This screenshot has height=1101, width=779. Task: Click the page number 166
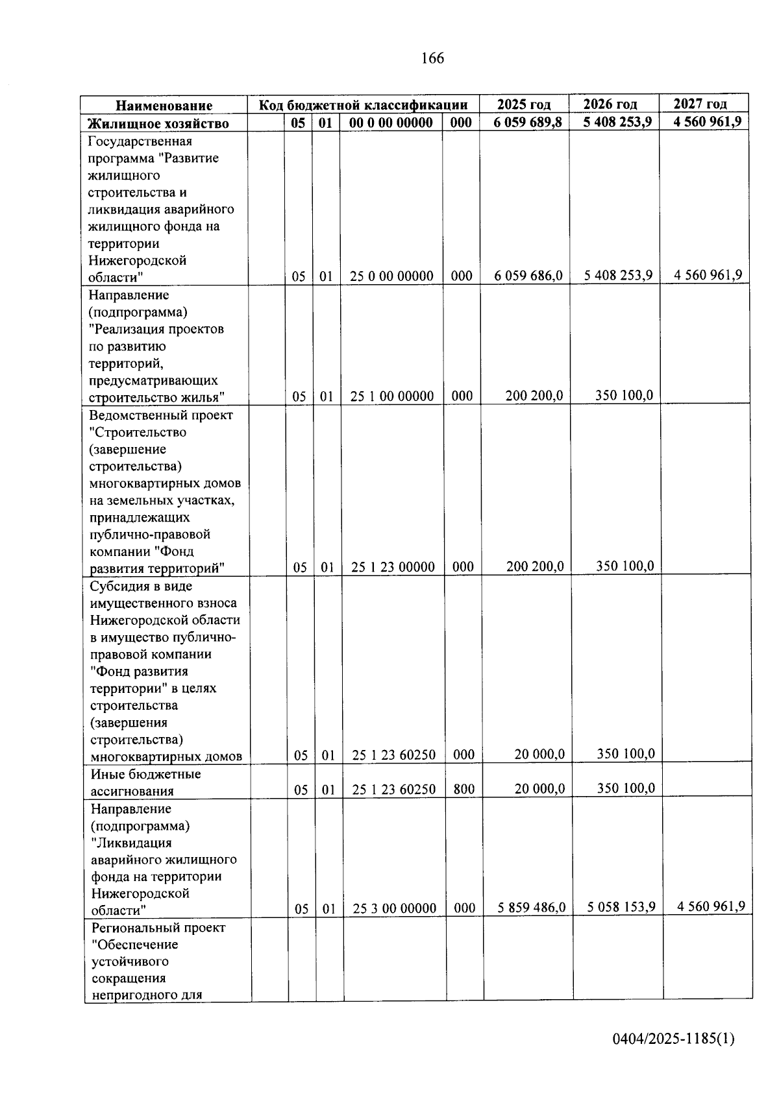[x=432, y=58]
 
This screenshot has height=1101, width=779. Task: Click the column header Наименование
[x=164, y=106]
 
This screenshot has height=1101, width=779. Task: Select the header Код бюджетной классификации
[x=363, y=105]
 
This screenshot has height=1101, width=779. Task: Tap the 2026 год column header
[x=610, y=104]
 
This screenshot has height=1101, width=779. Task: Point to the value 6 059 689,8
[x=527, y=123]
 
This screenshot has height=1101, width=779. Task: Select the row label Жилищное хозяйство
[x=158, y=123]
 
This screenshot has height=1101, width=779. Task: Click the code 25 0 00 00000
[x=391, y=276]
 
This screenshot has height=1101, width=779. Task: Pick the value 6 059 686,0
[x=528, y=276]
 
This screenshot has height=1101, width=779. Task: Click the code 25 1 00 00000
[x=391, y=396]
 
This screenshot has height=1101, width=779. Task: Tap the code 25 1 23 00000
[x=393, y=567]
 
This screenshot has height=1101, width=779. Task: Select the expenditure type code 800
[x=464, y=790]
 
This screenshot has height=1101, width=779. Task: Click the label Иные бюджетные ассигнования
[x=145, y=782]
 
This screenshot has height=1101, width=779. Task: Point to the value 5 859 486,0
[x=532, y=908]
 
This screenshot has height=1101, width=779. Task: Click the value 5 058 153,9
[x=621, y=907]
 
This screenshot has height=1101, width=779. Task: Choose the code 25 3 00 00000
[x=394, y=908]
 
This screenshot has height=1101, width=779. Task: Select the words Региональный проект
[x=158, y=928]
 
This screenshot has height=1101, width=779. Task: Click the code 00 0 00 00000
[x=390, y=123]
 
